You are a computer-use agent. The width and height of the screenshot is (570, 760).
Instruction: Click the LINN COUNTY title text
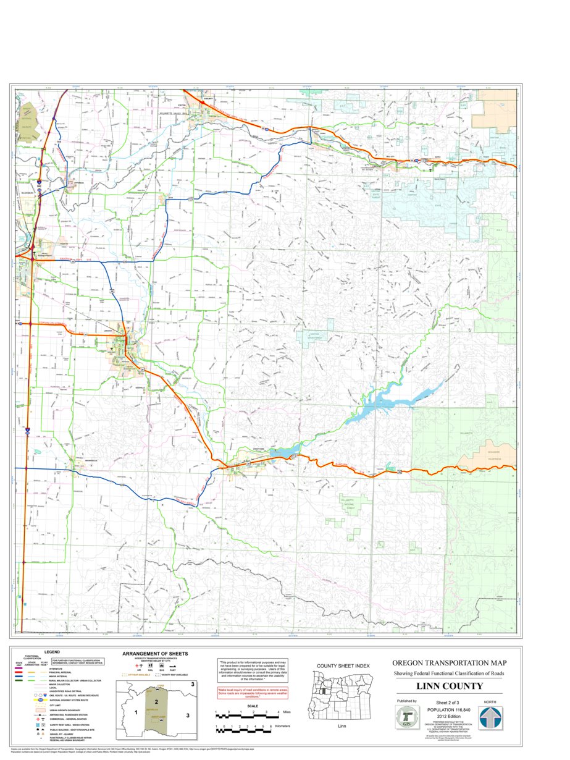449,686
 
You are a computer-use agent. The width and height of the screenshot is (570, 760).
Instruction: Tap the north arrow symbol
490,718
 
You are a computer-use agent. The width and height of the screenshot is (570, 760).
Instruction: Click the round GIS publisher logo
406,718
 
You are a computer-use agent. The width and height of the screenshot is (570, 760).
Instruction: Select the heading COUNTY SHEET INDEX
343,665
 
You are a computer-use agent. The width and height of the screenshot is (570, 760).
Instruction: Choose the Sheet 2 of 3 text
449,703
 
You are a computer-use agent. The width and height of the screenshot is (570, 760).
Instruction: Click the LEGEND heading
51,652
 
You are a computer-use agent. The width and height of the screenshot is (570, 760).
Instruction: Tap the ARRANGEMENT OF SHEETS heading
155,653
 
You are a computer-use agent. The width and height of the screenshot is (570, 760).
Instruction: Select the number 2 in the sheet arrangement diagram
157,703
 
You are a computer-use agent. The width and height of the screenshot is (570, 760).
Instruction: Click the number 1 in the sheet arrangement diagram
134,712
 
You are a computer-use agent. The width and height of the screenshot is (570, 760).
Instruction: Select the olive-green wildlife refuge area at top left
28,120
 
